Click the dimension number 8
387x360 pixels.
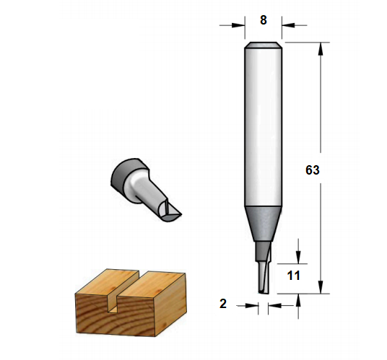pyautogui.click(x=264, y=20)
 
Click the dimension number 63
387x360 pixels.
pyautogui.click(x=312, y=170)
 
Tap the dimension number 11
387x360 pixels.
pyautogui.click(x=293, y=276)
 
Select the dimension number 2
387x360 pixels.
pyautogui.click(x=223, y=304)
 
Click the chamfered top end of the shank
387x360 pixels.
pyautogui.click(x=263, y=45)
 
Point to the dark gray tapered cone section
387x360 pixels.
pyautogui.click(x=263, y=224)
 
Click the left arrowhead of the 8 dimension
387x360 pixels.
pyautogui.click(x=238, y=25)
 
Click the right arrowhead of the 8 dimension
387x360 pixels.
pyautogui.click(x=288, y=25)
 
